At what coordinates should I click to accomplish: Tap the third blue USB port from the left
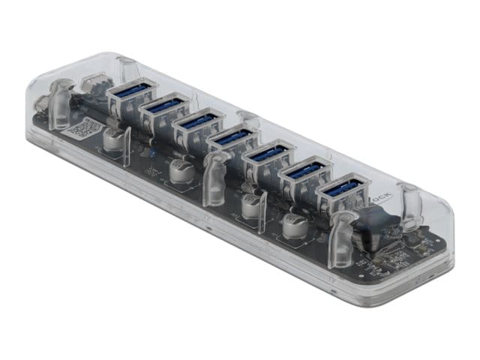pyautogui.click(x=198, y=123)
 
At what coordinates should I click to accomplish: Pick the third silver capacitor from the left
pyautogui.click(x=250, y=202)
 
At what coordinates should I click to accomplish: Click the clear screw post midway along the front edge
pyautogui.click(x=214, y=177)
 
